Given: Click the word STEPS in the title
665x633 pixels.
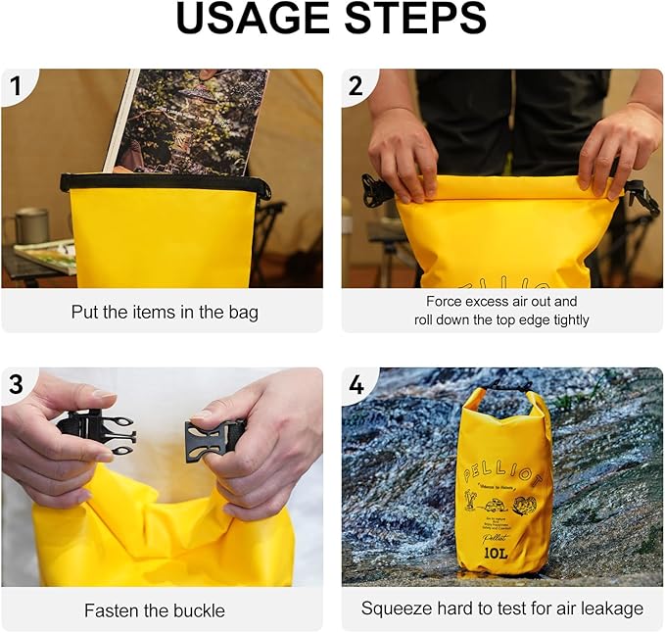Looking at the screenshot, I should coord(412,20).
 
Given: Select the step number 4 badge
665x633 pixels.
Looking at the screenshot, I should coord(356,385).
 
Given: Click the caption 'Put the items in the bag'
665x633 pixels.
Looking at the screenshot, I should coord(165,313).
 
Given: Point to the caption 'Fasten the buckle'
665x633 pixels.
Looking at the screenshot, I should coord(154,610).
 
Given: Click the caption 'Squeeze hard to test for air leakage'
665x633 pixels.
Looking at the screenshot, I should coord(501,609).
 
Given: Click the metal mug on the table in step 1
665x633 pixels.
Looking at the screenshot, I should coord(32,225).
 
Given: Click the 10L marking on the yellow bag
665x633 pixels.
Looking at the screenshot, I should coord(495,552).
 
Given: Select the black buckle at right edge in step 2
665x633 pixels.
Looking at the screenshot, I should coord(641,195).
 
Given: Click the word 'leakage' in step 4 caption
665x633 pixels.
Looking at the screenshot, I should coord(611,609).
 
